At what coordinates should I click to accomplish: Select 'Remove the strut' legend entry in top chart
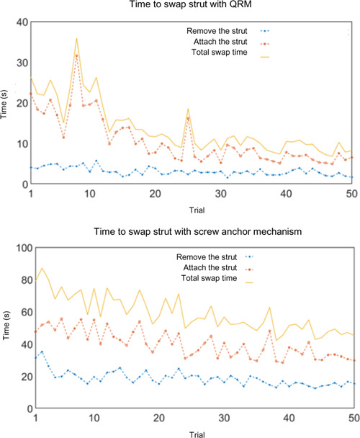pyautogui.click(x=217, y=31)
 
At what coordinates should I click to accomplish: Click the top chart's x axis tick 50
pyautogui.click(x=353, y=195)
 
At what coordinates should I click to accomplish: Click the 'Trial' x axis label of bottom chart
pyautogui.click(x=192, y=433)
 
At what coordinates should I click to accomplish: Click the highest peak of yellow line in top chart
pyautogui.click(x=77, y=39)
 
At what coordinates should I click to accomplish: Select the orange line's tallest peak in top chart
pyautogui.click(x=77, y=55)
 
